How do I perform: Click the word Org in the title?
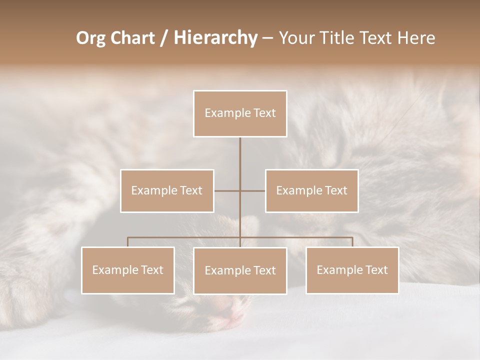coord(90,38)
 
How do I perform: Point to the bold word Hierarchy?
coord(215,38)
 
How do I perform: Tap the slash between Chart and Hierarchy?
coord(164,38)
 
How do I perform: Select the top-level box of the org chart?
coord(240,113)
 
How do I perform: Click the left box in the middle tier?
coord(167,190)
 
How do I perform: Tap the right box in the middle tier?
coord(311,190)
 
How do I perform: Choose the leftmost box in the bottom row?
coord(128,270)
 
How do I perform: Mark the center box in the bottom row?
coord(240,270)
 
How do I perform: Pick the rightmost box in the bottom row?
coord(352,270)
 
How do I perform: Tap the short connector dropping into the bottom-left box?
coord(128,242)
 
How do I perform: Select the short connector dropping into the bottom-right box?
coord(352,242)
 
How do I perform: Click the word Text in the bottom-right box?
coord(377,270)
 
